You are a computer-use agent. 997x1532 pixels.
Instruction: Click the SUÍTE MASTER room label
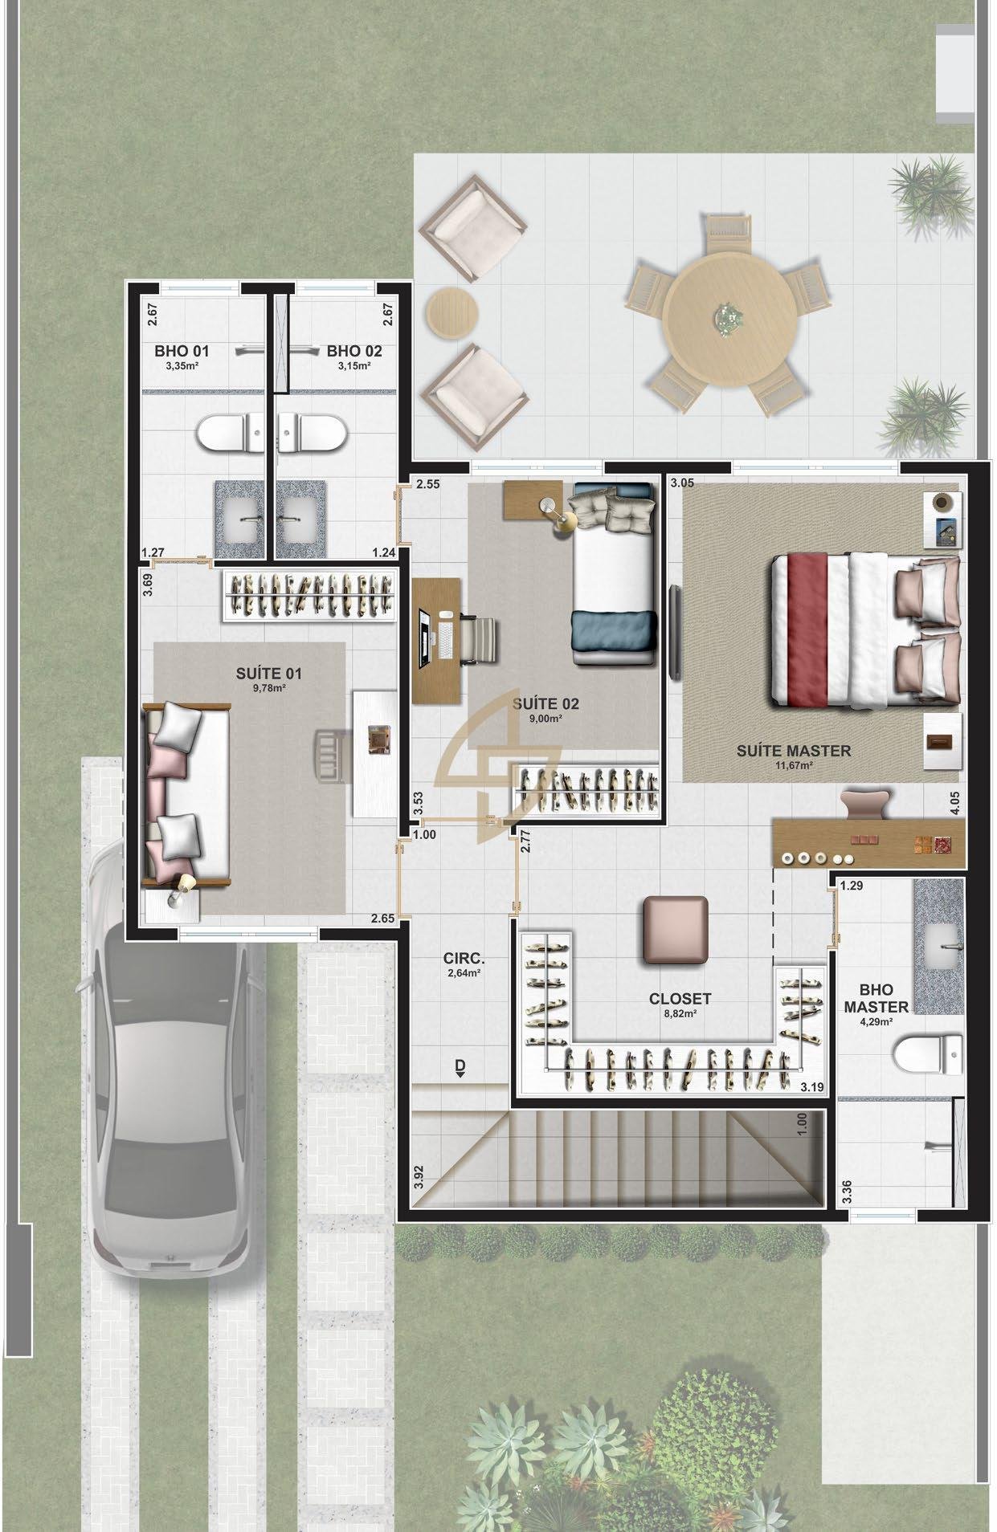click(x=793, y=751)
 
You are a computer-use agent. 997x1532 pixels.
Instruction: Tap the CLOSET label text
click(x=680, y=999)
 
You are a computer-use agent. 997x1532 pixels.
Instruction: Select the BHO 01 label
click(x=182, y=351)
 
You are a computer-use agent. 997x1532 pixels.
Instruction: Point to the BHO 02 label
click(x=354, y=351)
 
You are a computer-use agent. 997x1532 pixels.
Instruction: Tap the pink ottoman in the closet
click(x=676, y=930)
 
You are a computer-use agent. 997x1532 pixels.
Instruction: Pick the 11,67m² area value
click(x=793, y=766)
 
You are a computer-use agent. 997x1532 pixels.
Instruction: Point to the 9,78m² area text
click(x=268, y=687)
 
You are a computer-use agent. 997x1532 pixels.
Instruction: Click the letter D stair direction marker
click(x=460, y=1066)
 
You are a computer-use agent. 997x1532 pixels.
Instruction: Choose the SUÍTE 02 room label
click(x=545, y=704)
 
